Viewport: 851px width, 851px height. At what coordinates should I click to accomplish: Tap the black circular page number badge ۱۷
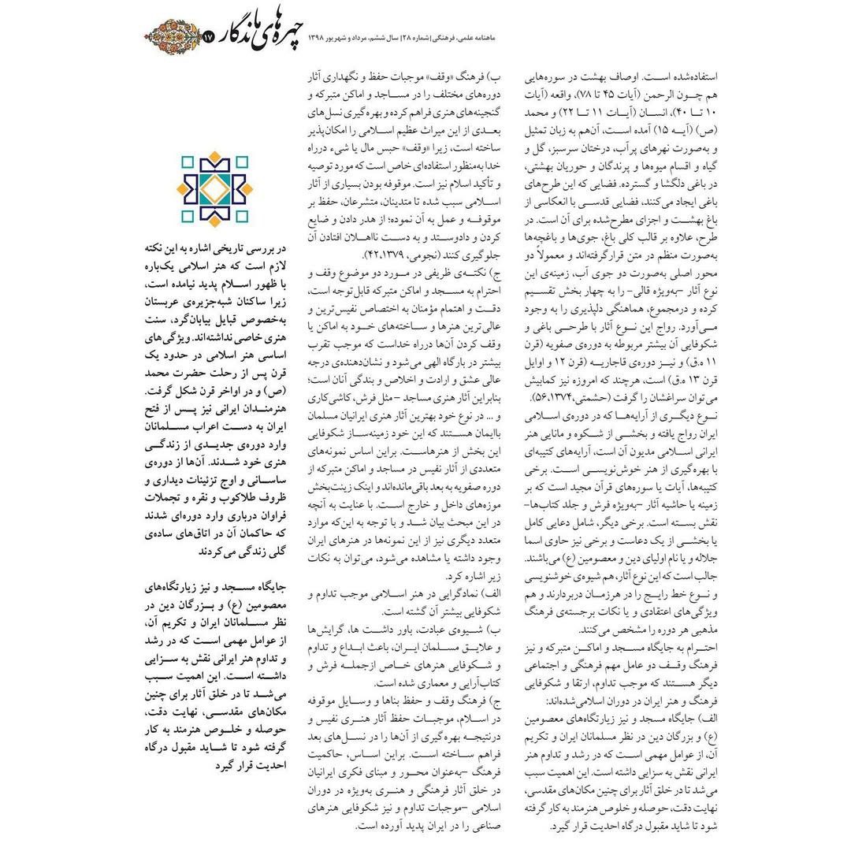208,37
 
